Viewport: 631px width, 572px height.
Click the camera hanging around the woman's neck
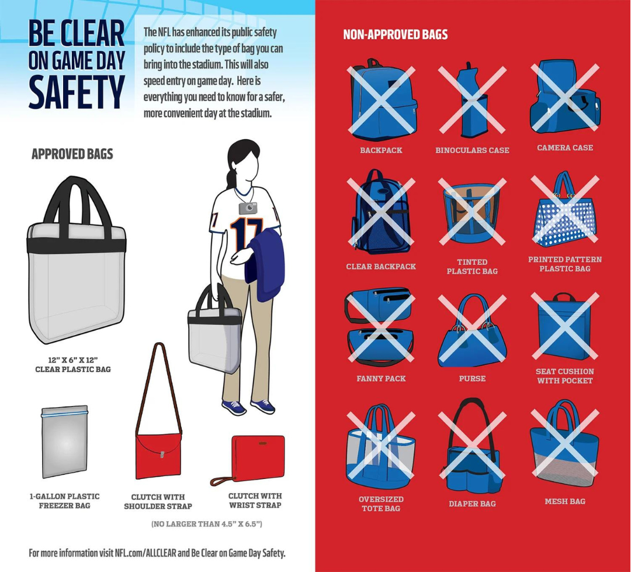[x=248, y=208]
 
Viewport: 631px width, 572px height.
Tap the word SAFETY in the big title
[x=77, y=92]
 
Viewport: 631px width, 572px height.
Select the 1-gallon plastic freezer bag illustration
[x=64, y=442]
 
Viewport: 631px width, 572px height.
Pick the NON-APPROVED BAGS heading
[x=395, y=35]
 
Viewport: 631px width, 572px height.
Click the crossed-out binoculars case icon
[x=472, y=99]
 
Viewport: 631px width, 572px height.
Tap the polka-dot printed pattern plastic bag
[x=564, y=210]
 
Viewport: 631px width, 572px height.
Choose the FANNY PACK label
[x=381, y=378]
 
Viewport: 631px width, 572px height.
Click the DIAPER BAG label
[x=472, y=504]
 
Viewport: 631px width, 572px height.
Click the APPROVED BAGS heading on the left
[x=72, y=154]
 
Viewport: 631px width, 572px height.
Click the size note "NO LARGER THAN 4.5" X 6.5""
[x=206, y=524]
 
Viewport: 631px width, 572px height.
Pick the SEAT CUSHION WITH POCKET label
[x=564, y=376]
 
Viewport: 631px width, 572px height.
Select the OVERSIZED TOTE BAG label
[x=381, y=504]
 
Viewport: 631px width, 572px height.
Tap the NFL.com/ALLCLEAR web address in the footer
[x=145, y=553]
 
